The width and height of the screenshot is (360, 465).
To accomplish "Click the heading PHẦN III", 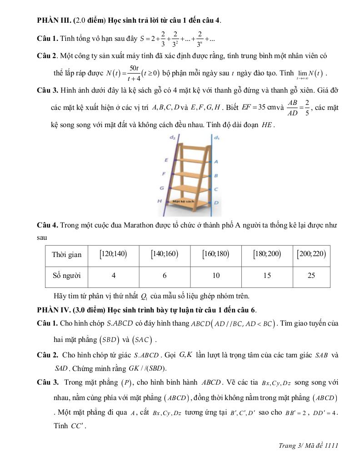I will (55, 20).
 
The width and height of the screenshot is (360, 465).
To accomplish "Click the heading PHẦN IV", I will (54, 310).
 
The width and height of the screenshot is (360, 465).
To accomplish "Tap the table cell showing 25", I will (311, 275).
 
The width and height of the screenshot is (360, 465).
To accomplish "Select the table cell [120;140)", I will (113, 254).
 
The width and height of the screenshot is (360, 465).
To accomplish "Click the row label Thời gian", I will (66, 254).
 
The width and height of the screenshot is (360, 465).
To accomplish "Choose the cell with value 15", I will (260, 275).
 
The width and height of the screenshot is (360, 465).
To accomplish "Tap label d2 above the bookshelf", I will (173, 138).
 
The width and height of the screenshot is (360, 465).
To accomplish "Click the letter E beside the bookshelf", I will (166, 160).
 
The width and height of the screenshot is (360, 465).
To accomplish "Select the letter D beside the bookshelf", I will (216, 203).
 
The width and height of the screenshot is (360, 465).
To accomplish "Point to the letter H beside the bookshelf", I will (160, 201).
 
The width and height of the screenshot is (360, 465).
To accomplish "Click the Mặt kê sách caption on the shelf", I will (183, 201).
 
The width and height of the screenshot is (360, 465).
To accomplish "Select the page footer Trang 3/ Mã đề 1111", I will (308, 445).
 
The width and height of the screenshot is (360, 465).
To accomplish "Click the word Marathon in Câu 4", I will (134, 225).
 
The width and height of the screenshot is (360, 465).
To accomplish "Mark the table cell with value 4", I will (114, 275).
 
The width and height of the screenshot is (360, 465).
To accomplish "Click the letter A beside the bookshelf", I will (216, 161).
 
